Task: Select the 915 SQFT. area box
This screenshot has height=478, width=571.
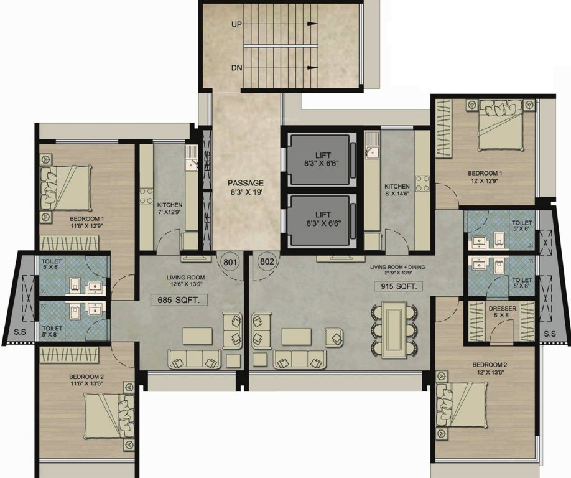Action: tap(398, 286)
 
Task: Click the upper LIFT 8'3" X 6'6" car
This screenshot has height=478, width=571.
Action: tap(318, 159)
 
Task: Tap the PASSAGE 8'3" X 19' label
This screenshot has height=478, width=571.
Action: tap(246, 187)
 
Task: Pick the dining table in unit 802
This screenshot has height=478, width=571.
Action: tap(394, 329)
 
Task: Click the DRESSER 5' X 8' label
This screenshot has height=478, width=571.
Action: tap(502, 312)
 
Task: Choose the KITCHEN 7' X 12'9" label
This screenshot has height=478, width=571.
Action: tap(169, 209)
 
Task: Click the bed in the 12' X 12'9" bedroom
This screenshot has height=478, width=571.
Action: tap(500, 128)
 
